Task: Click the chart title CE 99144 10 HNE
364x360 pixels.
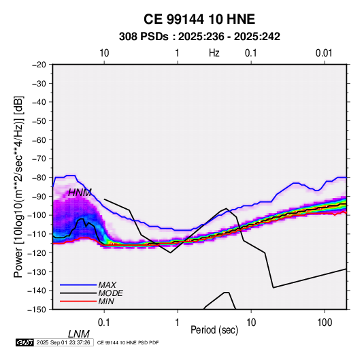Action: (199, 19)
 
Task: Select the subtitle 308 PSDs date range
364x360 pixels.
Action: (199, 37)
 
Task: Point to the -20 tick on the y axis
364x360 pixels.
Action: (39, 65)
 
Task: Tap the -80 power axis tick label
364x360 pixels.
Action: (39, 178)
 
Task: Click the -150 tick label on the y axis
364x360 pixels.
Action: (37, 310)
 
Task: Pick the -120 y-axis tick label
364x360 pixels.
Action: (37, 252)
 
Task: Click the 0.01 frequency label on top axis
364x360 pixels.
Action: (324, 53)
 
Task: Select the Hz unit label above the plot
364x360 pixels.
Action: (214, 53)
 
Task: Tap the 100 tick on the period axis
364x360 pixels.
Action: (325, 323)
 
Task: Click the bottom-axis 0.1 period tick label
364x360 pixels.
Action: (104, 323)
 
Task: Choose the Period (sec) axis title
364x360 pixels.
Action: (214, 330)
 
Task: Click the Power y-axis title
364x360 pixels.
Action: (18, 186)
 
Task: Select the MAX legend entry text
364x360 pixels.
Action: (107, 284)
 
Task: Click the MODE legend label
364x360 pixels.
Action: (110, 293)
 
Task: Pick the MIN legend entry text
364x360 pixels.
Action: (106, 301)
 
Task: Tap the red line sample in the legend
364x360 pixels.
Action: (78, 301)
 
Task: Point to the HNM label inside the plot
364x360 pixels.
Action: (80, 193)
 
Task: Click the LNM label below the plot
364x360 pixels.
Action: (79, 334)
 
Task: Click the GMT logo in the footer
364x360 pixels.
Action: (24, 342)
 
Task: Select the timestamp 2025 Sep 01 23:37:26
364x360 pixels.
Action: (63, 342)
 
